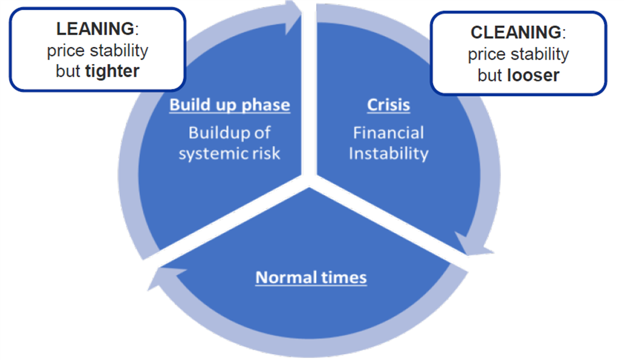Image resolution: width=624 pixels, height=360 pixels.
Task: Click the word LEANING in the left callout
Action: click(95, 29)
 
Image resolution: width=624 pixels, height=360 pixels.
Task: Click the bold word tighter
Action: click(112, 71)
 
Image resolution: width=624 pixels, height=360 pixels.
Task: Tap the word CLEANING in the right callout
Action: click(515, 32)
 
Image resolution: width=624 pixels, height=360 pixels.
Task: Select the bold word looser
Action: click(533, 75)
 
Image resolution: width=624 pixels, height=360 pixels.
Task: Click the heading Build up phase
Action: click(229, 105)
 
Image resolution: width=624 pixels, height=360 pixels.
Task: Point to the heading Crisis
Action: click(388, 105)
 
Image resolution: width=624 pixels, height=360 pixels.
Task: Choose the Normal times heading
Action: click(311, 277)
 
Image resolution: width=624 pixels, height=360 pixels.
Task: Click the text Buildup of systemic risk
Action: click(229, 143)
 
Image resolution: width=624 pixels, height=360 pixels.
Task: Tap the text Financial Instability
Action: click(388, 143)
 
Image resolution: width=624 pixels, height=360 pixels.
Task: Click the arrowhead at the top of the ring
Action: click(293, 18)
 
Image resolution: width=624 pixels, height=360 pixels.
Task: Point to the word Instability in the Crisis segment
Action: click(388, 154)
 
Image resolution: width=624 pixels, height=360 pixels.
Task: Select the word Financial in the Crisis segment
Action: click(388, 133)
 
